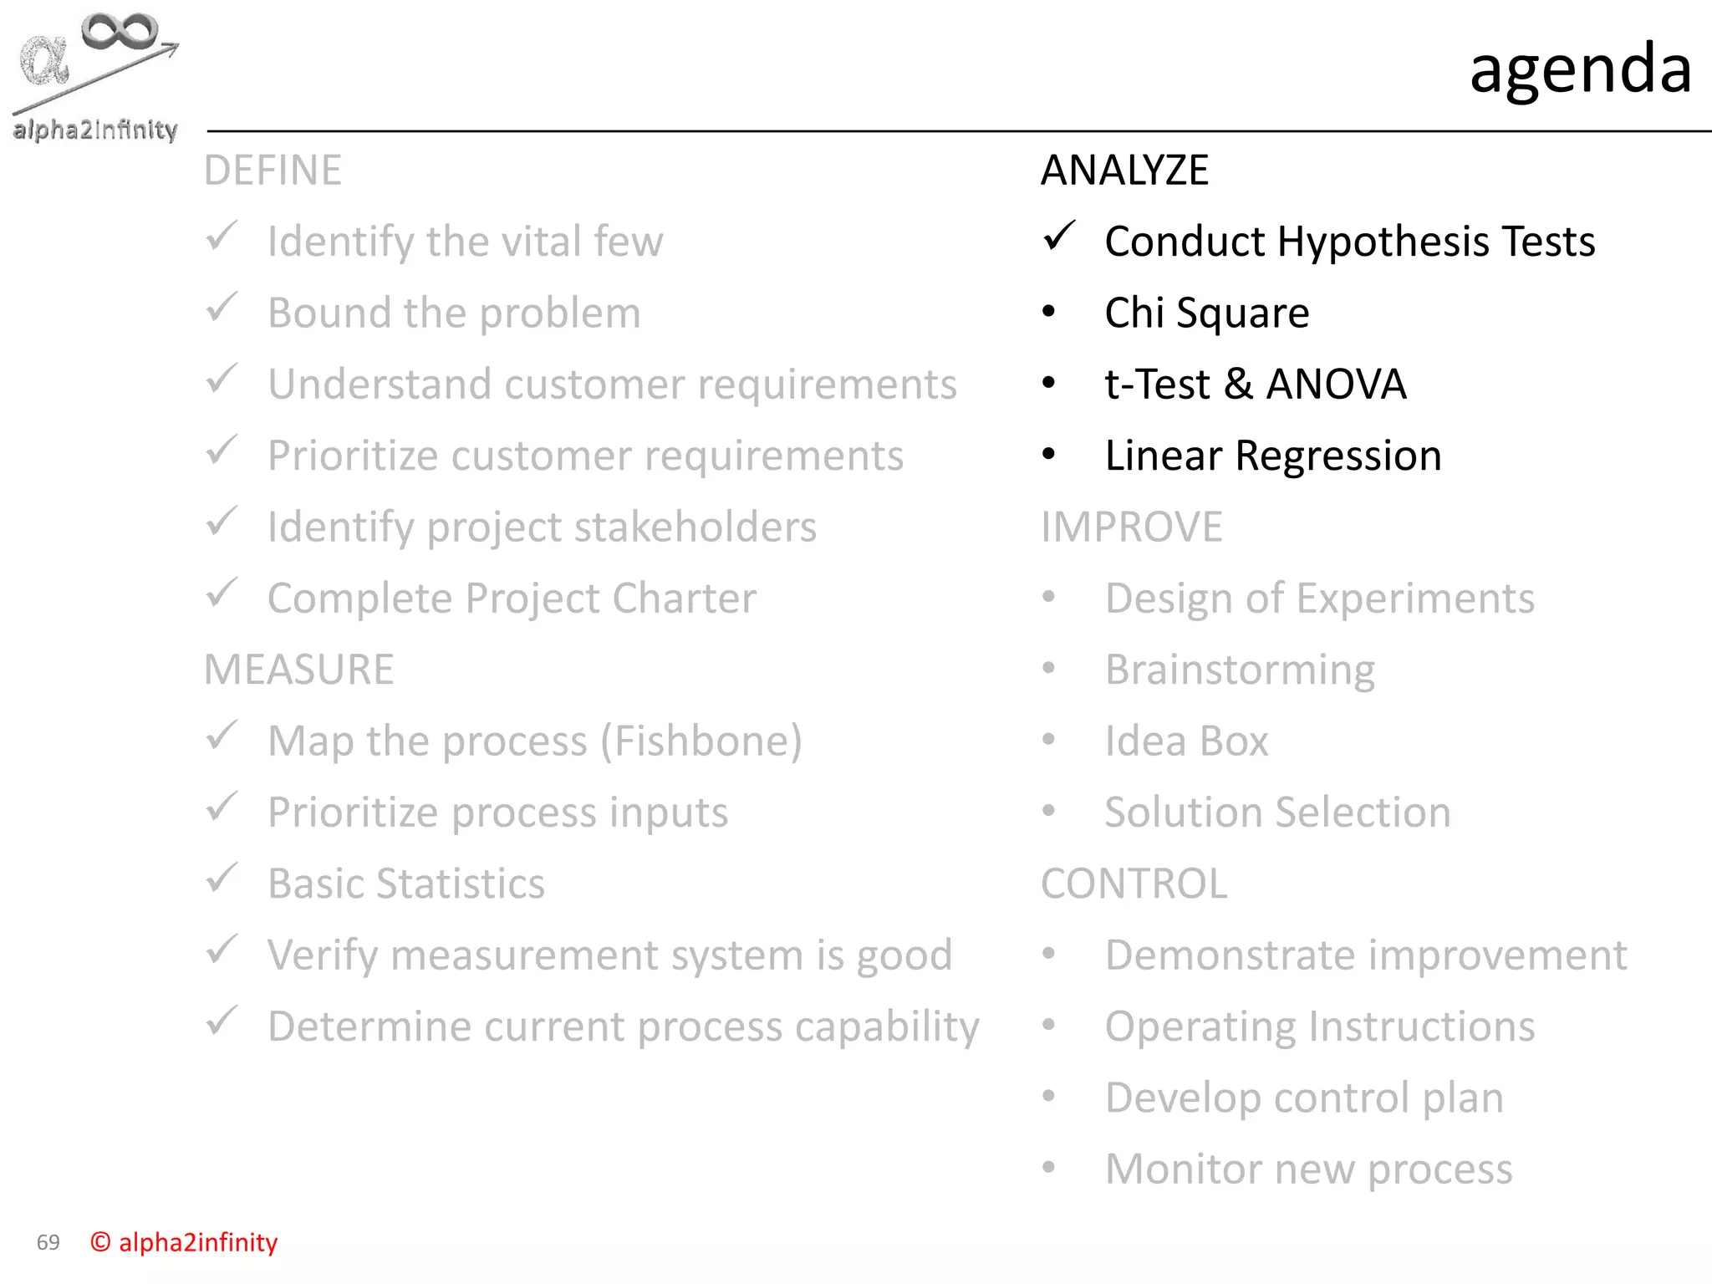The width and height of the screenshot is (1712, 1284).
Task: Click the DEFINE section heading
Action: coord(273,171)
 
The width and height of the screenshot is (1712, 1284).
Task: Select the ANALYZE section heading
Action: coord(1124,171)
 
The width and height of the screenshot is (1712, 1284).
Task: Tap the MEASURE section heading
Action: coord(298,670)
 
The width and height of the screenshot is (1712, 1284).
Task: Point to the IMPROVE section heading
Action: coord(1131,527)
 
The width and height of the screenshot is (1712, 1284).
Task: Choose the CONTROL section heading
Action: coord(1134,884)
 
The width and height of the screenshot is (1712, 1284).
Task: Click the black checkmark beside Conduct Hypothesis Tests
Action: coord(1058,237)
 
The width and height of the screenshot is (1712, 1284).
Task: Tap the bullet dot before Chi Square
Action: coord(1049,313)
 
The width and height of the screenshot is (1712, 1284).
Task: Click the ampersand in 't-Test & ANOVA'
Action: coord(1238,385)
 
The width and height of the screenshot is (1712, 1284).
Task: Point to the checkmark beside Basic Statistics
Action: coord(222,879)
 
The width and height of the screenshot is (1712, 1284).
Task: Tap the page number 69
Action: coord(48,1242)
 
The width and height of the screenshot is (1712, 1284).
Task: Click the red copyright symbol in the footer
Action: coord(100,1242)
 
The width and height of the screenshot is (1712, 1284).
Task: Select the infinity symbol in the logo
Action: coord(120,31)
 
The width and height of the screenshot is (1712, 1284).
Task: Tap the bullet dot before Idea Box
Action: coord(1049,740)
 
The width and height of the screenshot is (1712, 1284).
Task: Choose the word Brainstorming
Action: coord(1240,670)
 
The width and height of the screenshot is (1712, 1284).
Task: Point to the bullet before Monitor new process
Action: coord(1049,1168)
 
